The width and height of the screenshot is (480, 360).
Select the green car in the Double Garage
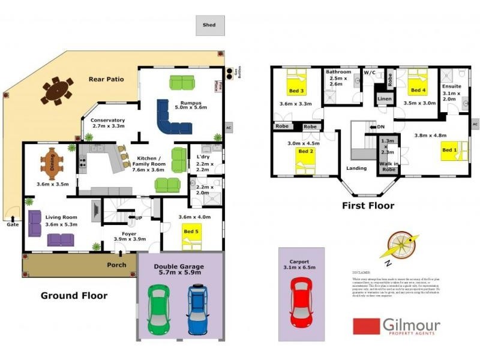click(x=158, y=309)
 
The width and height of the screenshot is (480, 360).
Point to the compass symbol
click(x=397, y=246)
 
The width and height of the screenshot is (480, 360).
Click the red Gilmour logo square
click(x=366, y=326)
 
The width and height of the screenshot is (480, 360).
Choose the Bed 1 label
click(x=449, y=150)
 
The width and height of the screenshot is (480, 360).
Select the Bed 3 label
click(x=296, y=91)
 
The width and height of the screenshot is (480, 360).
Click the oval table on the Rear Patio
click(x=57, y=92)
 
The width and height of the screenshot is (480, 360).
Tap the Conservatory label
click(x=108, y=120)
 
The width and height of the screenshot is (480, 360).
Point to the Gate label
click(x=11, y=225)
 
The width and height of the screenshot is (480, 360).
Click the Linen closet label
click(x=385, y=99)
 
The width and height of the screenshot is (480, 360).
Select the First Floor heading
click(x=368, y=206)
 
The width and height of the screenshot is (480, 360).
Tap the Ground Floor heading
click(x=74, y=295)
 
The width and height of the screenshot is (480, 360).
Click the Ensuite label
click(x=451, y=86)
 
